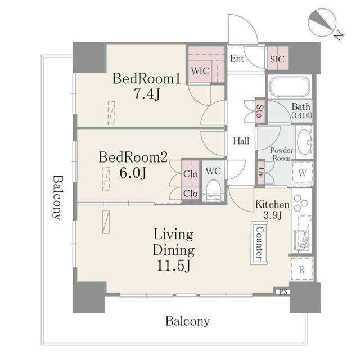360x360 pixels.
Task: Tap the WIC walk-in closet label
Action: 199,71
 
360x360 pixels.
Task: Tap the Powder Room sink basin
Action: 304,141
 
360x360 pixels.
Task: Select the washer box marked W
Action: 302,172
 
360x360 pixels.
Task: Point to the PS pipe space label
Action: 282,291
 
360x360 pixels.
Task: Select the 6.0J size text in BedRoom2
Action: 133,173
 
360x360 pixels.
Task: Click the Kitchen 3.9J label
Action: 272,210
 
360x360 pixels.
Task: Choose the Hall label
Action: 241,142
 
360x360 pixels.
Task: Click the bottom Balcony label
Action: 187,321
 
